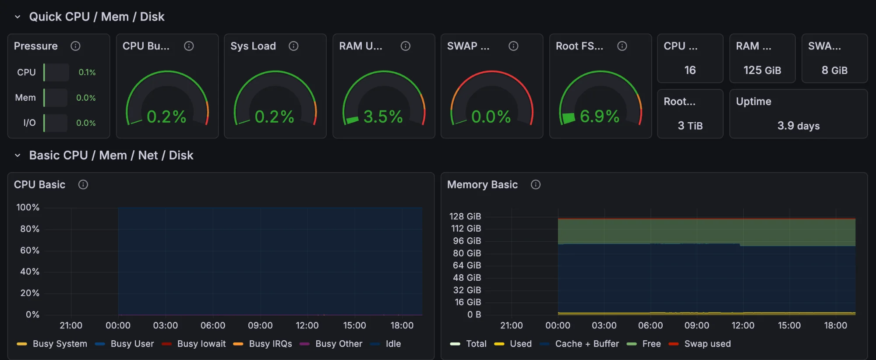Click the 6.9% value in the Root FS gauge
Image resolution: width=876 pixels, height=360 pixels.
pos(599,116)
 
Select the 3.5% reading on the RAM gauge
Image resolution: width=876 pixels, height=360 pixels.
pos(383,117)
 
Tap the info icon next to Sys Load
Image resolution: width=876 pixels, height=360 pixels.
pos(293,46)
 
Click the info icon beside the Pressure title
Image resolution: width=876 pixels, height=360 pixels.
pos(75,46)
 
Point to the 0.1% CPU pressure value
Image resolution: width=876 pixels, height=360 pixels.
pos(87,72)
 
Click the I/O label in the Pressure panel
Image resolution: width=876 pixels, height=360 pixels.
pos(29,123)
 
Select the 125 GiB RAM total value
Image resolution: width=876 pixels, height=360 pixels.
pos(762,70)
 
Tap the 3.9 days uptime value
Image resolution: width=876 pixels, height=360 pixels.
pos(798,126)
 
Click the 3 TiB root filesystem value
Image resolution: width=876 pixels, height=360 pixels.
pos(690,126)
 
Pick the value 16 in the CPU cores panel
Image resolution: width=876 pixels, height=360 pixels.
pos(690,70)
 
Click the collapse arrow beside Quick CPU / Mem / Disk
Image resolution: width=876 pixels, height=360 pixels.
pos(18,17)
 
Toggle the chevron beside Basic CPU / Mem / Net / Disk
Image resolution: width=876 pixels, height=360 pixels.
pos(18,155)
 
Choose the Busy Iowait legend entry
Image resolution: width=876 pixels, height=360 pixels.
pos(201,344)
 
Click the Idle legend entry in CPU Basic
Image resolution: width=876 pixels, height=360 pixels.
pos(393,344)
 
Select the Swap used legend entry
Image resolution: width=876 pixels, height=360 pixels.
pos(707,344)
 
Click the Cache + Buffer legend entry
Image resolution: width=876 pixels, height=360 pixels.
pos(586,344)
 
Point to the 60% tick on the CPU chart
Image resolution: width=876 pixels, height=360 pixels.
pos(29,251)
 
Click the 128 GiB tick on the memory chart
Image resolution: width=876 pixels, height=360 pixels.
pos(465,216)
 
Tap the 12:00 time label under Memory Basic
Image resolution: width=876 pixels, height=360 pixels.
pos(743,325)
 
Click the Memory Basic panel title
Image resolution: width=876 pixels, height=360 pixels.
pos(482,185)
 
